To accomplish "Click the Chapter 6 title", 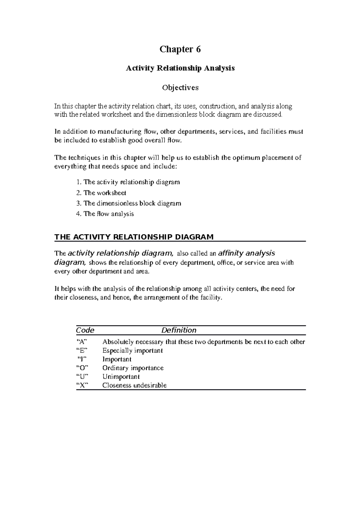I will click(x=180, y=49).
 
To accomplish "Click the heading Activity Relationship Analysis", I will click(x=180, y=68).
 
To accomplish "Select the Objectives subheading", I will click(x=180, y=88).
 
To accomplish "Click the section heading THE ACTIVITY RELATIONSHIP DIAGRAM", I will click(x=134, y=237).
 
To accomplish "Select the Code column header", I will click(x=85, y=330).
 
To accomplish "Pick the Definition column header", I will click(x=179, y=330).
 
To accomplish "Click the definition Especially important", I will click(x=133, y=350).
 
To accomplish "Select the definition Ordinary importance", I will click(x=133, y=368).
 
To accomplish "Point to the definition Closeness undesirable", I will click(x=134, y=385).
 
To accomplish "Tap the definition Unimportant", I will click(x=121, y=377).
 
